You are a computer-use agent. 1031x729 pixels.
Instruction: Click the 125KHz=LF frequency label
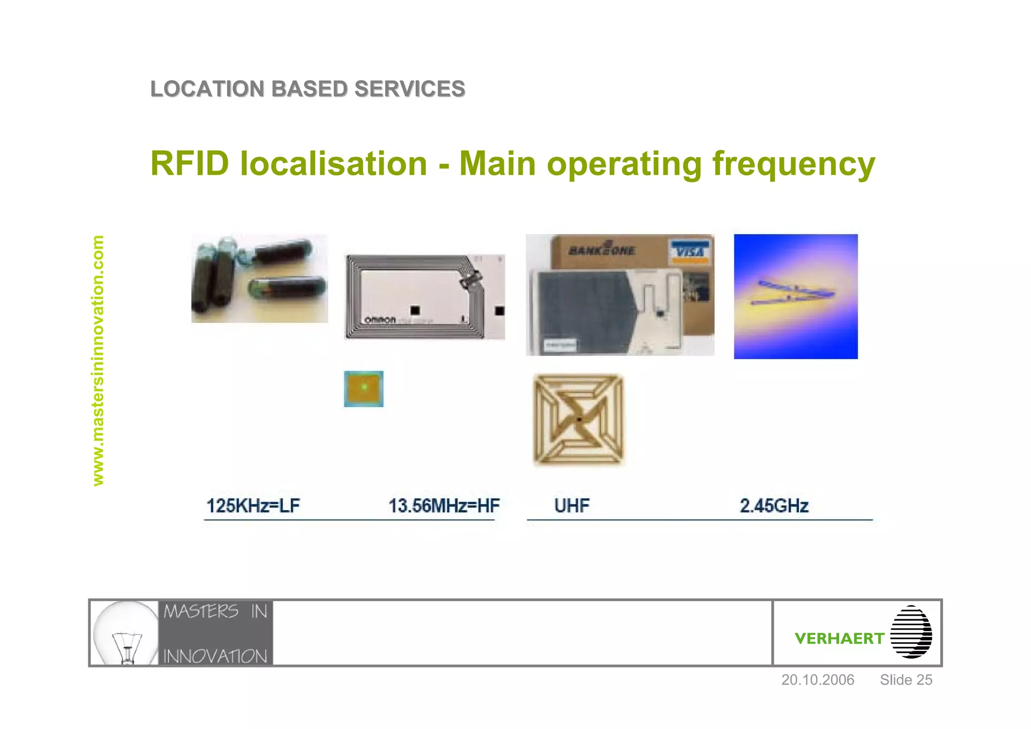pos(253,505)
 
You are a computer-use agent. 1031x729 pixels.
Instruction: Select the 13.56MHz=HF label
pos(444,505)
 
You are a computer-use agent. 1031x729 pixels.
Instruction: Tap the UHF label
pos(571,505)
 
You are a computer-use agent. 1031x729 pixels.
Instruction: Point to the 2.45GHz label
pos(774,505)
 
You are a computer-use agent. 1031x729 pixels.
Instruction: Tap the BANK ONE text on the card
pos(602,250)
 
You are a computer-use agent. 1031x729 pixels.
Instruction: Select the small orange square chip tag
pos(363,388)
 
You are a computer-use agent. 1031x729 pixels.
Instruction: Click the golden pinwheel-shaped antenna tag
pos(578,419)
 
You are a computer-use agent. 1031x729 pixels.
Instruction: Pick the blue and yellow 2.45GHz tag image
pos(795,296)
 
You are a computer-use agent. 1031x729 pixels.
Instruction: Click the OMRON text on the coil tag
pos(380,320)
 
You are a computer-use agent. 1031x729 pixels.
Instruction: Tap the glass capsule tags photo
pos(259,278)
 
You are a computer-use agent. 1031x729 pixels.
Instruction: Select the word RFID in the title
pos(190,164)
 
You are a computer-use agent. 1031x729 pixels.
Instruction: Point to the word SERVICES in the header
pos(409,89)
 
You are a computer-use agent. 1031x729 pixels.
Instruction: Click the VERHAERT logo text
pos(839,638)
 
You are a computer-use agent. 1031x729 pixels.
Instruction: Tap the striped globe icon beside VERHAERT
pos(911,632)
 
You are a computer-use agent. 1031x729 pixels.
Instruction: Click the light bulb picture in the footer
pos(125,633)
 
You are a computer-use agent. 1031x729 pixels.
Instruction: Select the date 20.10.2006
pos(818,680)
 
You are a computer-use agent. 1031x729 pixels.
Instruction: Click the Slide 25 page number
pos(906,680)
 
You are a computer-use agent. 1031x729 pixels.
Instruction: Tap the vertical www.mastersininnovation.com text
pos(98,360)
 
